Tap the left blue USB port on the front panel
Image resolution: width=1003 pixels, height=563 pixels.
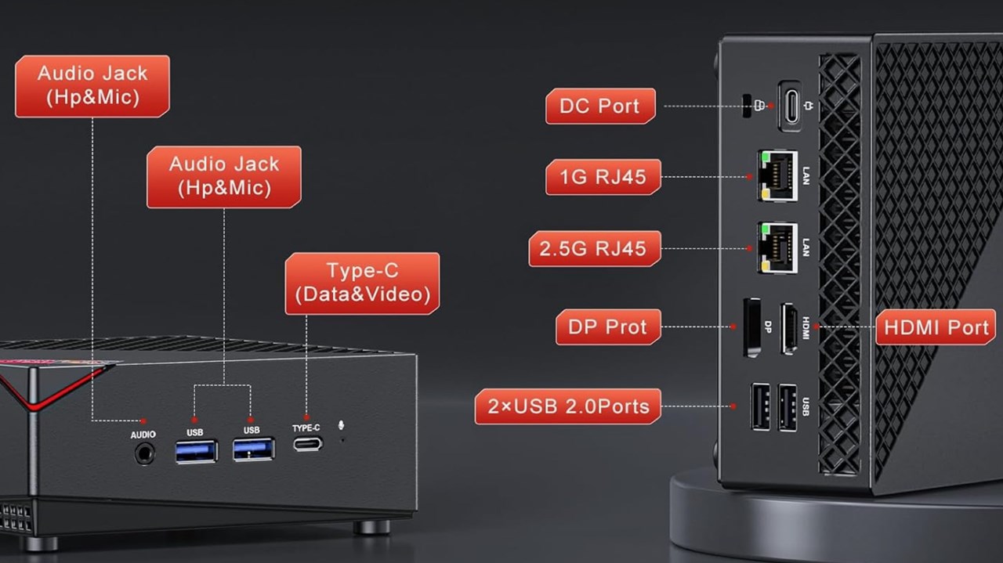pos(196,451)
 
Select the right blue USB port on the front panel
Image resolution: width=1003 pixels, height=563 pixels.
pos(253,449)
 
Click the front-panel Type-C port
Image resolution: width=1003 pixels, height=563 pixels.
pos(306,443)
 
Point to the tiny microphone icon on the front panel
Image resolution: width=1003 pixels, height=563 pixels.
pos(341,426)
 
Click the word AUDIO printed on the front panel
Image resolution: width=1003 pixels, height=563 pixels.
pos(143,435)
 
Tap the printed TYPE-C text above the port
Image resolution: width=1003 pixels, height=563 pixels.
pos(306,428)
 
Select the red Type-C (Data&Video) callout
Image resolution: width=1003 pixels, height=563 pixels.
pos(362,283)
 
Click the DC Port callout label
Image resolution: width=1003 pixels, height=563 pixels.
pos(600,106)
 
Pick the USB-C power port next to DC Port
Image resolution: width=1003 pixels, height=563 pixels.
pos(790,106)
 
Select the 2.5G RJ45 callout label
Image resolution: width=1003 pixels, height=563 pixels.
pos(594,249)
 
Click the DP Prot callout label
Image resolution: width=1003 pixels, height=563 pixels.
pos(608,327)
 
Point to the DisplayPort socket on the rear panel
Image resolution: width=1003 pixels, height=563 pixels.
pos(751,327)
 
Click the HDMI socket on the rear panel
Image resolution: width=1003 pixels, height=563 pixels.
pos(789,327)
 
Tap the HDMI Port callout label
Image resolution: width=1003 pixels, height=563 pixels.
pos(936,327)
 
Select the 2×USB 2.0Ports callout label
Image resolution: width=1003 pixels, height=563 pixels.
pos(567,406)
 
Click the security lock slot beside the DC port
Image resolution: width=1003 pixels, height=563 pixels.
pos(746,106)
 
